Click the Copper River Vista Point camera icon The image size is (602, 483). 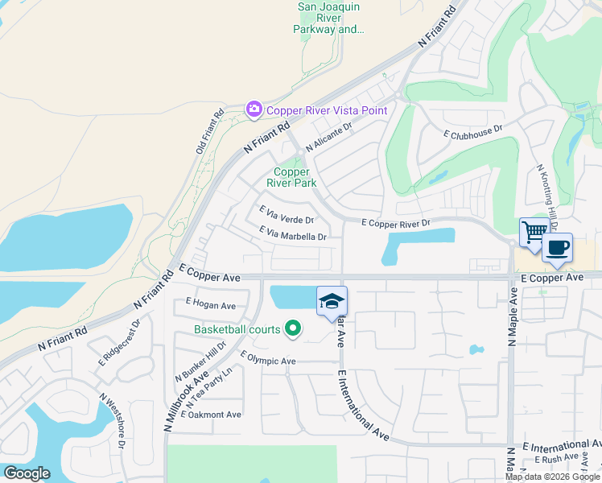pyautogui.click(x=254, y=109)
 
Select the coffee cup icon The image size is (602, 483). pyautogui.click(x=557, y=247)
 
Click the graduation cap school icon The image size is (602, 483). pyautogui.click(x=332, y=301)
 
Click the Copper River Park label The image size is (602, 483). pyautogui.click(x=291, y=177)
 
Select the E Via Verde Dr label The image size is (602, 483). pyautogui.click(x=287, y=214)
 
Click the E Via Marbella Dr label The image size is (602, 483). pyautogui.click(x=292, y=234)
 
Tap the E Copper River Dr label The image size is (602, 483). pyautogui.click(x=395, y=222)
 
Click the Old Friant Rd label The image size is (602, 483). pyautogui.click(x=210, y=133)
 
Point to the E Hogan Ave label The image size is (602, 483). pyautogui.click(x=210, y=305)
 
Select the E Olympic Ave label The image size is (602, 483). pyautogui.click(x=269, y=359)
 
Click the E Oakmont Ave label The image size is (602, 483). pyautogui.click(x=211, y=415)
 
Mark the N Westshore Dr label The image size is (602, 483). pyautogui.click(x=113, y=420)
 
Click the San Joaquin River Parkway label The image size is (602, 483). pyautogui.click(x=330, y=18)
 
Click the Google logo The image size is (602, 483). pyautogui.click(x=27, y=473)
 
